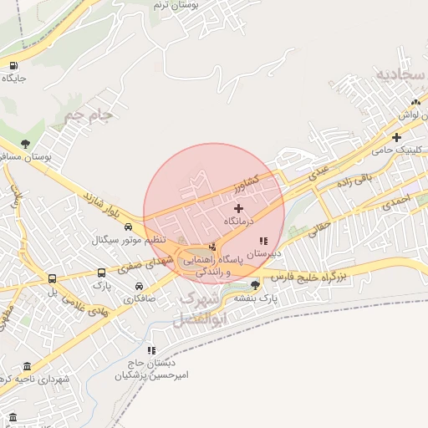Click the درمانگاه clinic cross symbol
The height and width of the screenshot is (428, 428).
[x=239, y=208]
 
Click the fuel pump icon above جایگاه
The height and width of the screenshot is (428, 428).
[x=13, y=66]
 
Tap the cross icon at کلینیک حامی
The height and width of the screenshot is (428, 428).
[x=396, y=137]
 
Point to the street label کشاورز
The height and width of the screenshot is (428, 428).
[x=265, y=179]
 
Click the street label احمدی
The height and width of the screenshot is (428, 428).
[x=396, y=201]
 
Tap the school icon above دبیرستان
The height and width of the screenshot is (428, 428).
[x=264, y=241]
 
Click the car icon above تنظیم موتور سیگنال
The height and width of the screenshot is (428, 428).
[x=128, y=227]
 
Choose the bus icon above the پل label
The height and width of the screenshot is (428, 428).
[x=52, y=279]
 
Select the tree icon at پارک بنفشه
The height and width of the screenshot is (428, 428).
[x=255, y=285]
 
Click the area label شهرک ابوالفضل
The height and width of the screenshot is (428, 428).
[x=197, y=308]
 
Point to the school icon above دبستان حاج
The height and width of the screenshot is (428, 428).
[x=151, y=350]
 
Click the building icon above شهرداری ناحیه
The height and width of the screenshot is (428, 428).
[x=28, y=367]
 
